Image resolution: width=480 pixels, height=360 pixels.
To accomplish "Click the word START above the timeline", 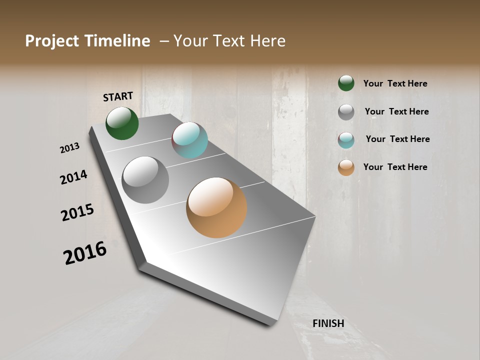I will pyautogui.click(x=118, y=96).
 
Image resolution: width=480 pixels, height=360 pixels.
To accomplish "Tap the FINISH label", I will pyautogui.click(x=328, y=323).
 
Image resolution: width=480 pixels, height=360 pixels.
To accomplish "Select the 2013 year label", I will pyautogui.click(x=70, y=148).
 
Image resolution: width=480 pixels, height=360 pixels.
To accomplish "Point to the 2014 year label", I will pyautogui.click(x=74, y=177).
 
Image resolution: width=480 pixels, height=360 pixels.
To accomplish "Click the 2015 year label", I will pyautogui.click(x=77, y=212).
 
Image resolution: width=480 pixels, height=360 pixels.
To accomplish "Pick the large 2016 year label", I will pyautogui.click(x=85, y=252).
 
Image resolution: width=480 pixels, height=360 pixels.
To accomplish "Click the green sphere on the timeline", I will pyautogui.click(x=122, y=123).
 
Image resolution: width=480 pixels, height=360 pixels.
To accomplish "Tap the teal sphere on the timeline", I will pyautogui.click(x=189, y=140).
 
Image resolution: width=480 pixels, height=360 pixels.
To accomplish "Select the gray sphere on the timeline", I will pyautogui.click(x=145, y=180).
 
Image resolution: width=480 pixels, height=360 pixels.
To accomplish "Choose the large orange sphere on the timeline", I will pyautogui.click(x=216, y=207).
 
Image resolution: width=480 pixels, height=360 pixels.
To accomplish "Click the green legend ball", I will pyautogui.click(x=346, y=83).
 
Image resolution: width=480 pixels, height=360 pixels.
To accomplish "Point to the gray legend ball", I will pyautogui.click(x=346, y=112).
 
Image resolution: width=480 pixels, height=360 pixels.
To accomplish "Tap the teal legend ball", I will pyautogui.click(x=346, y=140).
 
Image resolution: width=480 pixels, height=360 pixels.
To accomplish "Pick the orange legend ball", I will pyautogui.click(x=346, y=167).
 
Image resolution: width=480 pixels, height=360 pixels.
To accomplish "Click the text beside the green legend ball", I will pyautogui.click(x=395, y=83).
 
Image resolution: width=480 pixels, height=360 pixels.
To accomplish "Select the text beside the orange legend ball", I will pyautogui.click(x=395, y=167).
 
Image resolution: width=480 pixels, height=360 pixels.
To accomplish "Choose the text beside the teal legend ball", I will pyautogui.click(x=397, y=139).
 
